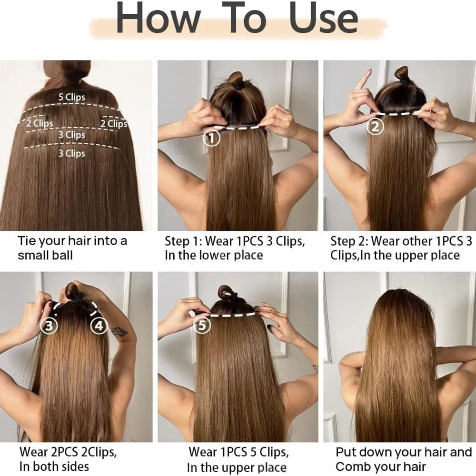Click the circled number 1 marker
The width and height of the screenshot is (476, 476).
click(x=211, y=139)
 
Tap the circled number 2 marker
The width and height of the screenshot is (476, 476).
click(x=375, y=127)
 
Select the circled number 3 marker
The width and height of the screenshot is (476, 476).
click(x=50, y=326)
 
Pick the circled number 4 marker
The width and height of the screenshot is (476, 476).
click(x=99, y=326)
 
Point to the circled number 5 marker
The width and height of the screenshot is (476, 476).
click(x=202, y=326)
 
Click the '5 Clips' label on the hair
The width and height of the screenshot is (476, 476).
click(x=72, y=97)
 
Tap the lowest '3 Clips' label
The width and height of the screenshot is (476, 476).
click(x=72, y=153)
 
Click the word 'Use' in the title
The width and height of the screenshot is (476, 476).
click(x=324, y=20)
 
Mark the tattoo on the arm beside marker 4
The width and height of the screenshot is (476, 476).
click(x=119, y=331)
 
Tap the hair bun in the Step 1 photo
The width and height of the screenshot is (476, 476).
click(x=235, y=78)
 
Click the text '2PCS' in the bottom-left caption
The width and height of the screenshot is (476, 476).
click(x=61, y=452)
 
